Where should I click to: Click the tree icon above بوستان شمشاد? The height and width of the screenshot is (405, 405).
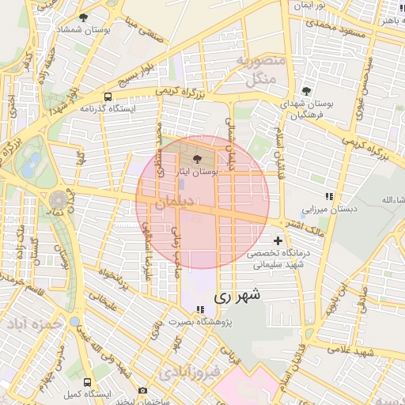coord(84,17)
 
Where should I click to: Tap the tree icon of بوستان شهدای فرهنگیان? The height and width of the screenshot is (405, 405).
coord(306,91)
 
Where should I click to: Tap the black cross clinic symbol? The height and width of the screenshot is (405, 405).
coord(277,240)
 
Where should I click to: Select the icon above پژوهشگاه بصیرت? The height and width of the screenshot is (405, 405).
coord(201,309)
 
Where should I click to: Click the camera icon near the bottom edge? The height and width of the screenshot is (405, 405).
coord(142,390)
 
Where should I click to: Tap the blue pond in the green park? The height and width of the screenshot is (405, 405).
coord(32,165)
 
